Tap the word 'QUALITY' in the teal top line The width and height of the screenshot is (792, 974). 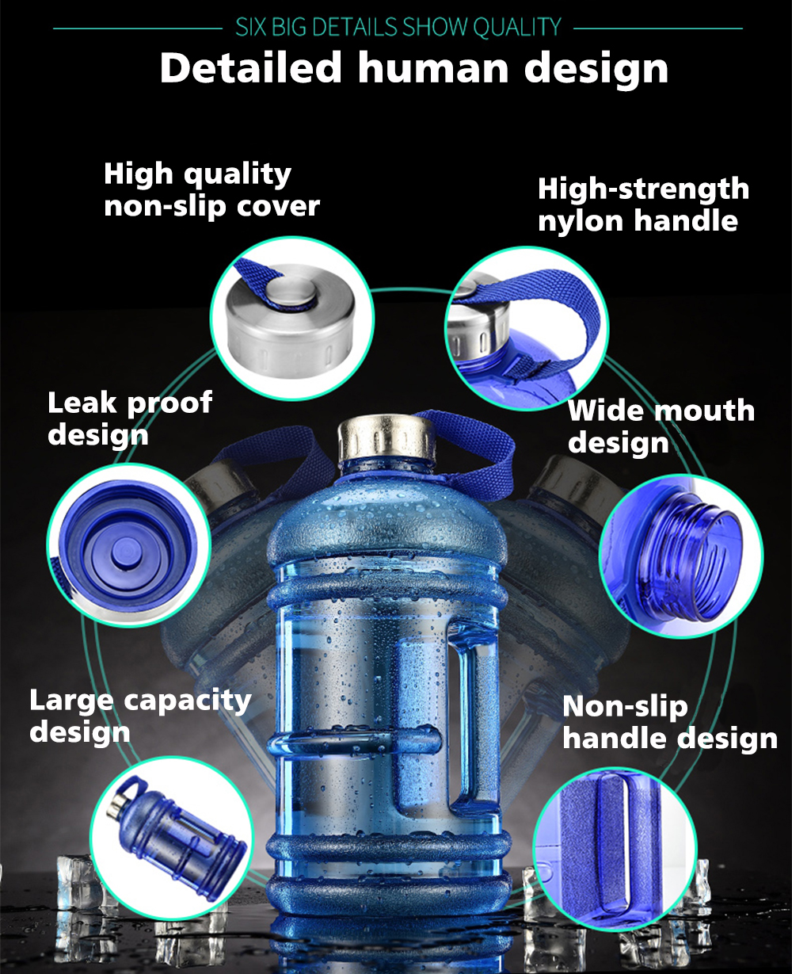click(517, 27)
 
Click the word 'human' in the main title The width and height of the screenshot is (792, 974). click(433, 69)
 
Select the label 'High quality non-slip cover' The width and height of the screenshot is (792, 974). click(211, 189)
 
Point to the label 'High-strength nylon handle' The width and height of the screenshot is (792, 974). click(643, 204)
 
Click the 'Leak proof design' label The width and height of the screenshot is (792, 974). click(130, 418)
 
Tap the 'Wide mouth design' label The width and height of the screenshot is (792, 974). click(661, 426)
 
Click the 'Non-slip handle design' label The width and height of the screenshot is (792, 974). click(670, 723)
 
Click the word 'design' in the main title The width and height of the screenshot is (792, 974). click(596, 70)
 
